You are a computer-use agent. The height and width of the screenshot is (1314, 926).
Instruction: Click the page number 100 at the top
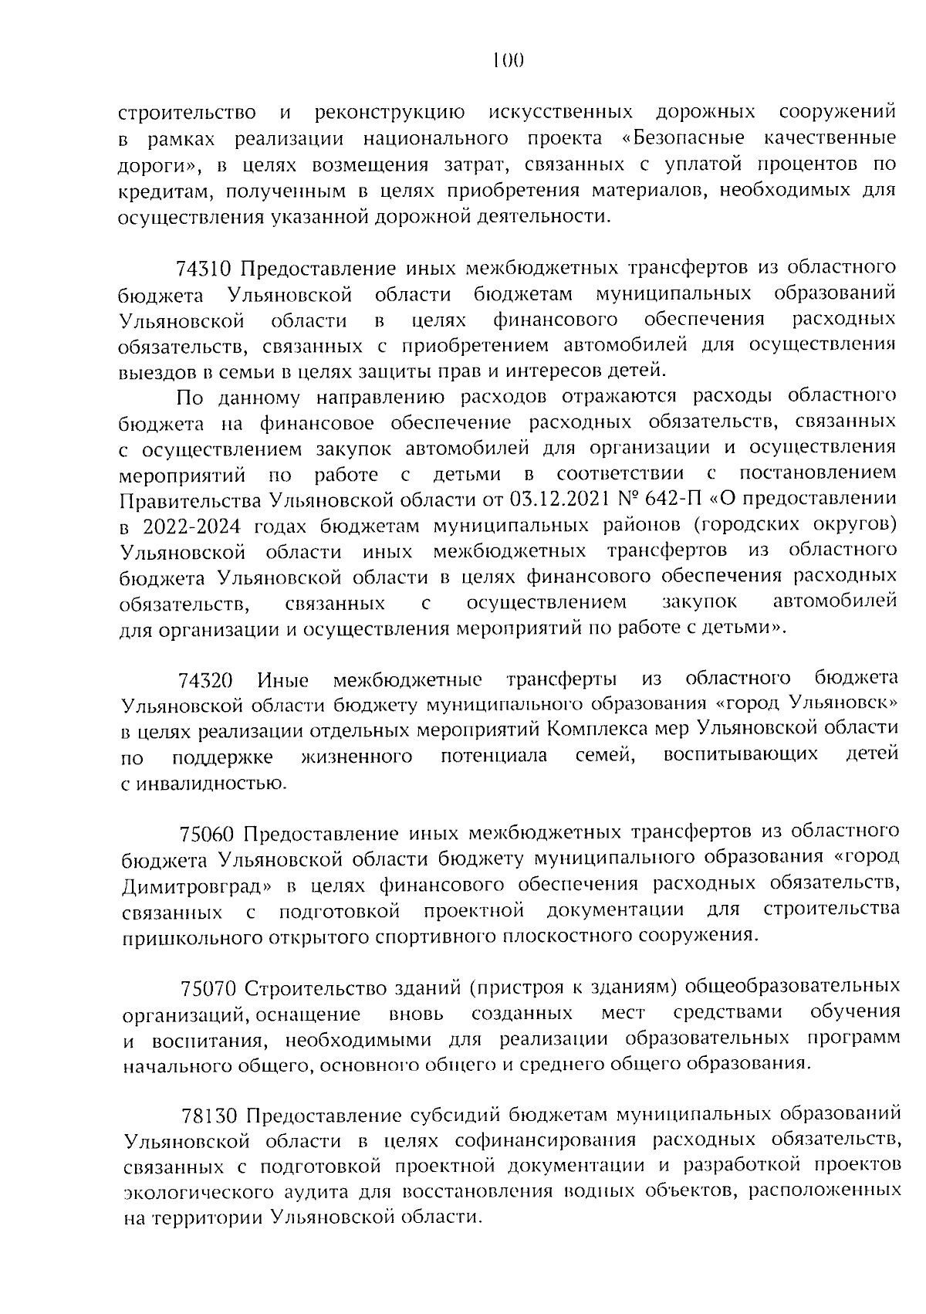[x=508, y=60]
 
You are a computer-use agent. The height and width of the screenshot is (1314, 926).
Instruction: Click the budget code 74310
[x=204, y=269]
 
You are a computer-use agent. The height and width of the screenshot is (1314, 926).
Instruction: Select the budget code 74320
[x=205, y=680]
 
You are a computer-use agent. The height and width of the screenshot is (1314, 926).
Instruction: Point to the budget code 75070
[x=208, y=987]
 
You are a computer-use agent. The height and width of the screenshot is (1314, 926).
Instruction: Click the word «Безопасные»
[x=684, y=139]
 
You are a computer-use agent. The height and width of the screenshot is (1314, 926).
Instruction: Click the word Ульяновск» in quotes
[x=845, y=703]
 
